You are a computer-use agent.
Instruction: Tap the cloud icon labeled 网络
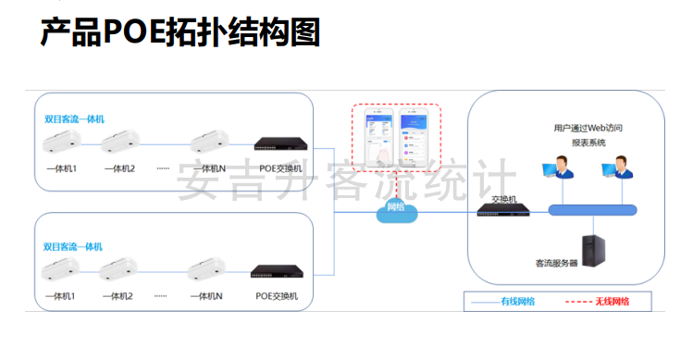[x=395, y=208]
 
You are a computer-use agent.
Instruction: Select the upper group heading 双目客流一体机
[x=74, y=119]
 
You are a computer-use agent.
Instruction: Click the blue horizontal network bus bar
[x=592, y=210]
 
